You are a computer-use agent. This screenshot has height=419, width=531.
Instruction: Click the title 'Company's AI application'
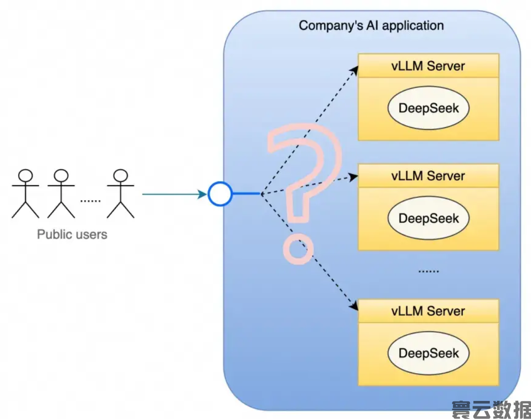tap(371, 25)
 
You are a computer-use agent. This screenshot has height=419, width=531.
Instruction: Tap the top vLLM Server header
tap(428, 66)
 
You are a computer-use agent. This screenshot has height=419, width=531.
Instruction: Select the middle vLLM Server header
tap(428, 176)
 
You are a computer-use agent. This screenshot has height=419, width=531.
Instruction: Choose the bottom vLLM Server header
tap(428, 311)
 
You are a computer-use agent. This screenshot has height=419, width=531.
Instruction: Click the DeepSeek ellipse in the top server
tap(428, 108)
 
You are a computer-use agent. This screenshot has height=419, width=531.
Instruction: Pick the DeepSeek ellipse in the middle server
tap(428, 218)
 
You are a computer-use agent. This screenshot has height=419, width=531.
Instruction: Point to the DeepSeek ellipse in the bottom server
tap(428, 353)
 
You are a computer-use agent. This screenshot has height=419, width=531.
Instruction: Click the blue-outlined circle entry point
tap(220, 194)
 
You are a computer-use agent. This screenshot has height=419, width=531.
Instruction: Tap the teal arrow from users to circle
tap(173, 194)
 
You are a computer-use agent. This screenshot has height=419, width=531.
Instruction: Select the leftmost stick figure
tap(25, 194)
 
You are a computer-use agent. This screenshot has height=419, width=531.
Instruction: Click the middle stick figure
tap(61, 194)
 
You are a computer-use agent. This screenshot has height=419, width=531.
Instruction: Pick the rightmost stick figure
tap(120, 194)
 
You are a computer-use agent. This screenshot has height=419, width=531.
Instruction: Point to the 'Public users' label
tap(72, 235)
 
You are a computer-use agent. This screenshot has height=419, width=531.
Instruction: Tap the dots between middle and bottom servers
tap(428, 270)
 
